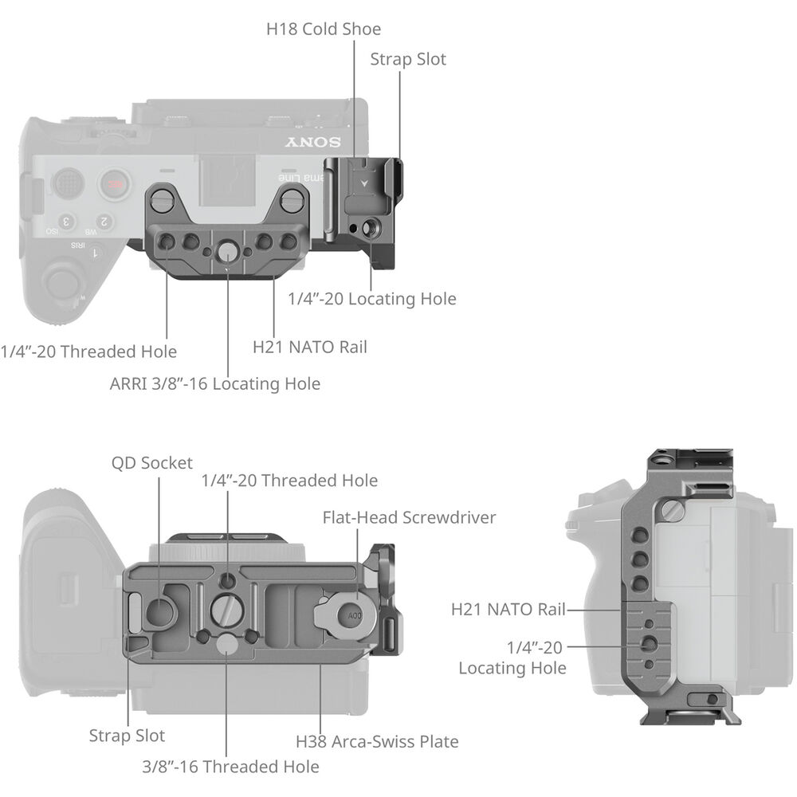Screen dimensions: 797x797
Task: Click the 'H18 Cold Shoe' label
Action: pos(324,29)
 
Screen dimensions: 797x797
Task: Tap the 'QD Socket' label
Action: pos(152,463)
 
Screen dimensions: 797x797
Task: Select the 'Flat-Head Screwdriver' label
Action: pos(409,517)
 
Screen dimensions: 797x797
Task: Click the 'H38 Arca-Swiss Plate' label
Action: pos(377,741)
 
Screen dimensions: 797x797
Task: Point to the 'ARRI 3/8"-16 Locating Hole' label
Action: pos(215,384)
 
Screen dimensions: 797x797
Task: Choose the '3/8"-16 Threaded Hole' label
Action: pos(231,767)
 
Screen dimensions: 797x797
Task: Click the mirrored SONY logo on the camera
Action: pos(312,143)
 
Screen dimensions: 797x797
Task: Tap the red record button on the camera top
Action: pos(116,184)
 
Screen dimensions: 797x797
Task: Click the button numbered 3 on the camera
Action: pos(67,222)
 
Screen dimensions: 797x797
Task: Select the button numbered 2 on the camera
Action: pos(104,222)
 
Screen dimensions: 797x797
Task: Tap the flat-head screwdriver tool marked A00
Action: pos(346,614)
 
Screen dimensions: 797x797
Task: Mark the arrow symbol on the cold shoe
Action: pos(364,183)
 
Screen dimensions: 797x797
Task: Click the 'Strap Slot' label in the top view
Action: pos(408,60)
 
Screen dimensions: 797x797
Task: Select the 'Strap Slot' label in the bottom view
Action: pos(127,736)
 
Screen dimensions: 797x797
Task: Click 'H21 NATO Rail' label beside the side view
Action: pos(508,610)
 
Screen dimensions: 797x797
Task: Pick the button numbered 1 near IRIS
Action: pos(96,253)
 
